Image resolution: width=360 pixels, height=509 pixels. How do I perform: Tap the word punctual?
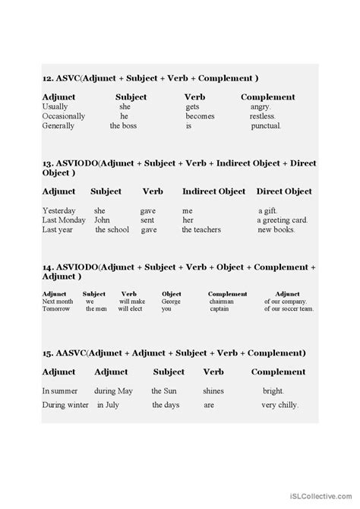[266, 126]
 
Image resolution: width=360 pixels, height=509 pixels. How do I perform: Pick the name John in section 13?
[102, 219]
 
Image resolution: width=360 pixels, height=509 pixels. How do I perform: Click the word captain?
[223, 309]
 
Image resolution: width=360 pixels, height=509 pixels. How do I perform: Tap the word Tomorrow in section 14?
[56, 309]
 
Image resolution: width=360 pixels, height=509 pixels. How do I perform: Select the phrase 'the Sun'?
[166, 390]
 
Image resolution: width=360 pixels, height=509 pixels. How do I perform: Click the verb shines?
[213, 390]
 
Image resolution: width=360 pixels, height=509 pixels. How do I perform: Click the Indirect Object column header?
[215, 191]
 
